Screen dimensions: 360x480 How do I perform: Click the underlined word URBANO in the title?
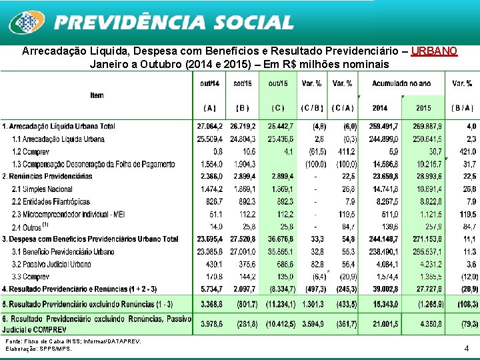click(x=434, y=51)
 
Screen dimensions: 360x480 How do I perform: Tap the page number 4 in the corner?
click(x=467, y=348)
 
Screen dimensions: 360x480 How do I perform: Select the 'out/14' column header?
click(x=209, y=83)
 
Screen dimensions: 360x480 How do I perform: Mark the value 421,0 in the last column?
click(x=465, y=151)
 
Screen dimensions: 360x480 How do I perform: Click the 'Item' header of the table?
click(x=97, y=95)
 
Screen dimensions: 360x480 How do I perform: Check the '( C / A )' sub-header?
click(x=343, y=108)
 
